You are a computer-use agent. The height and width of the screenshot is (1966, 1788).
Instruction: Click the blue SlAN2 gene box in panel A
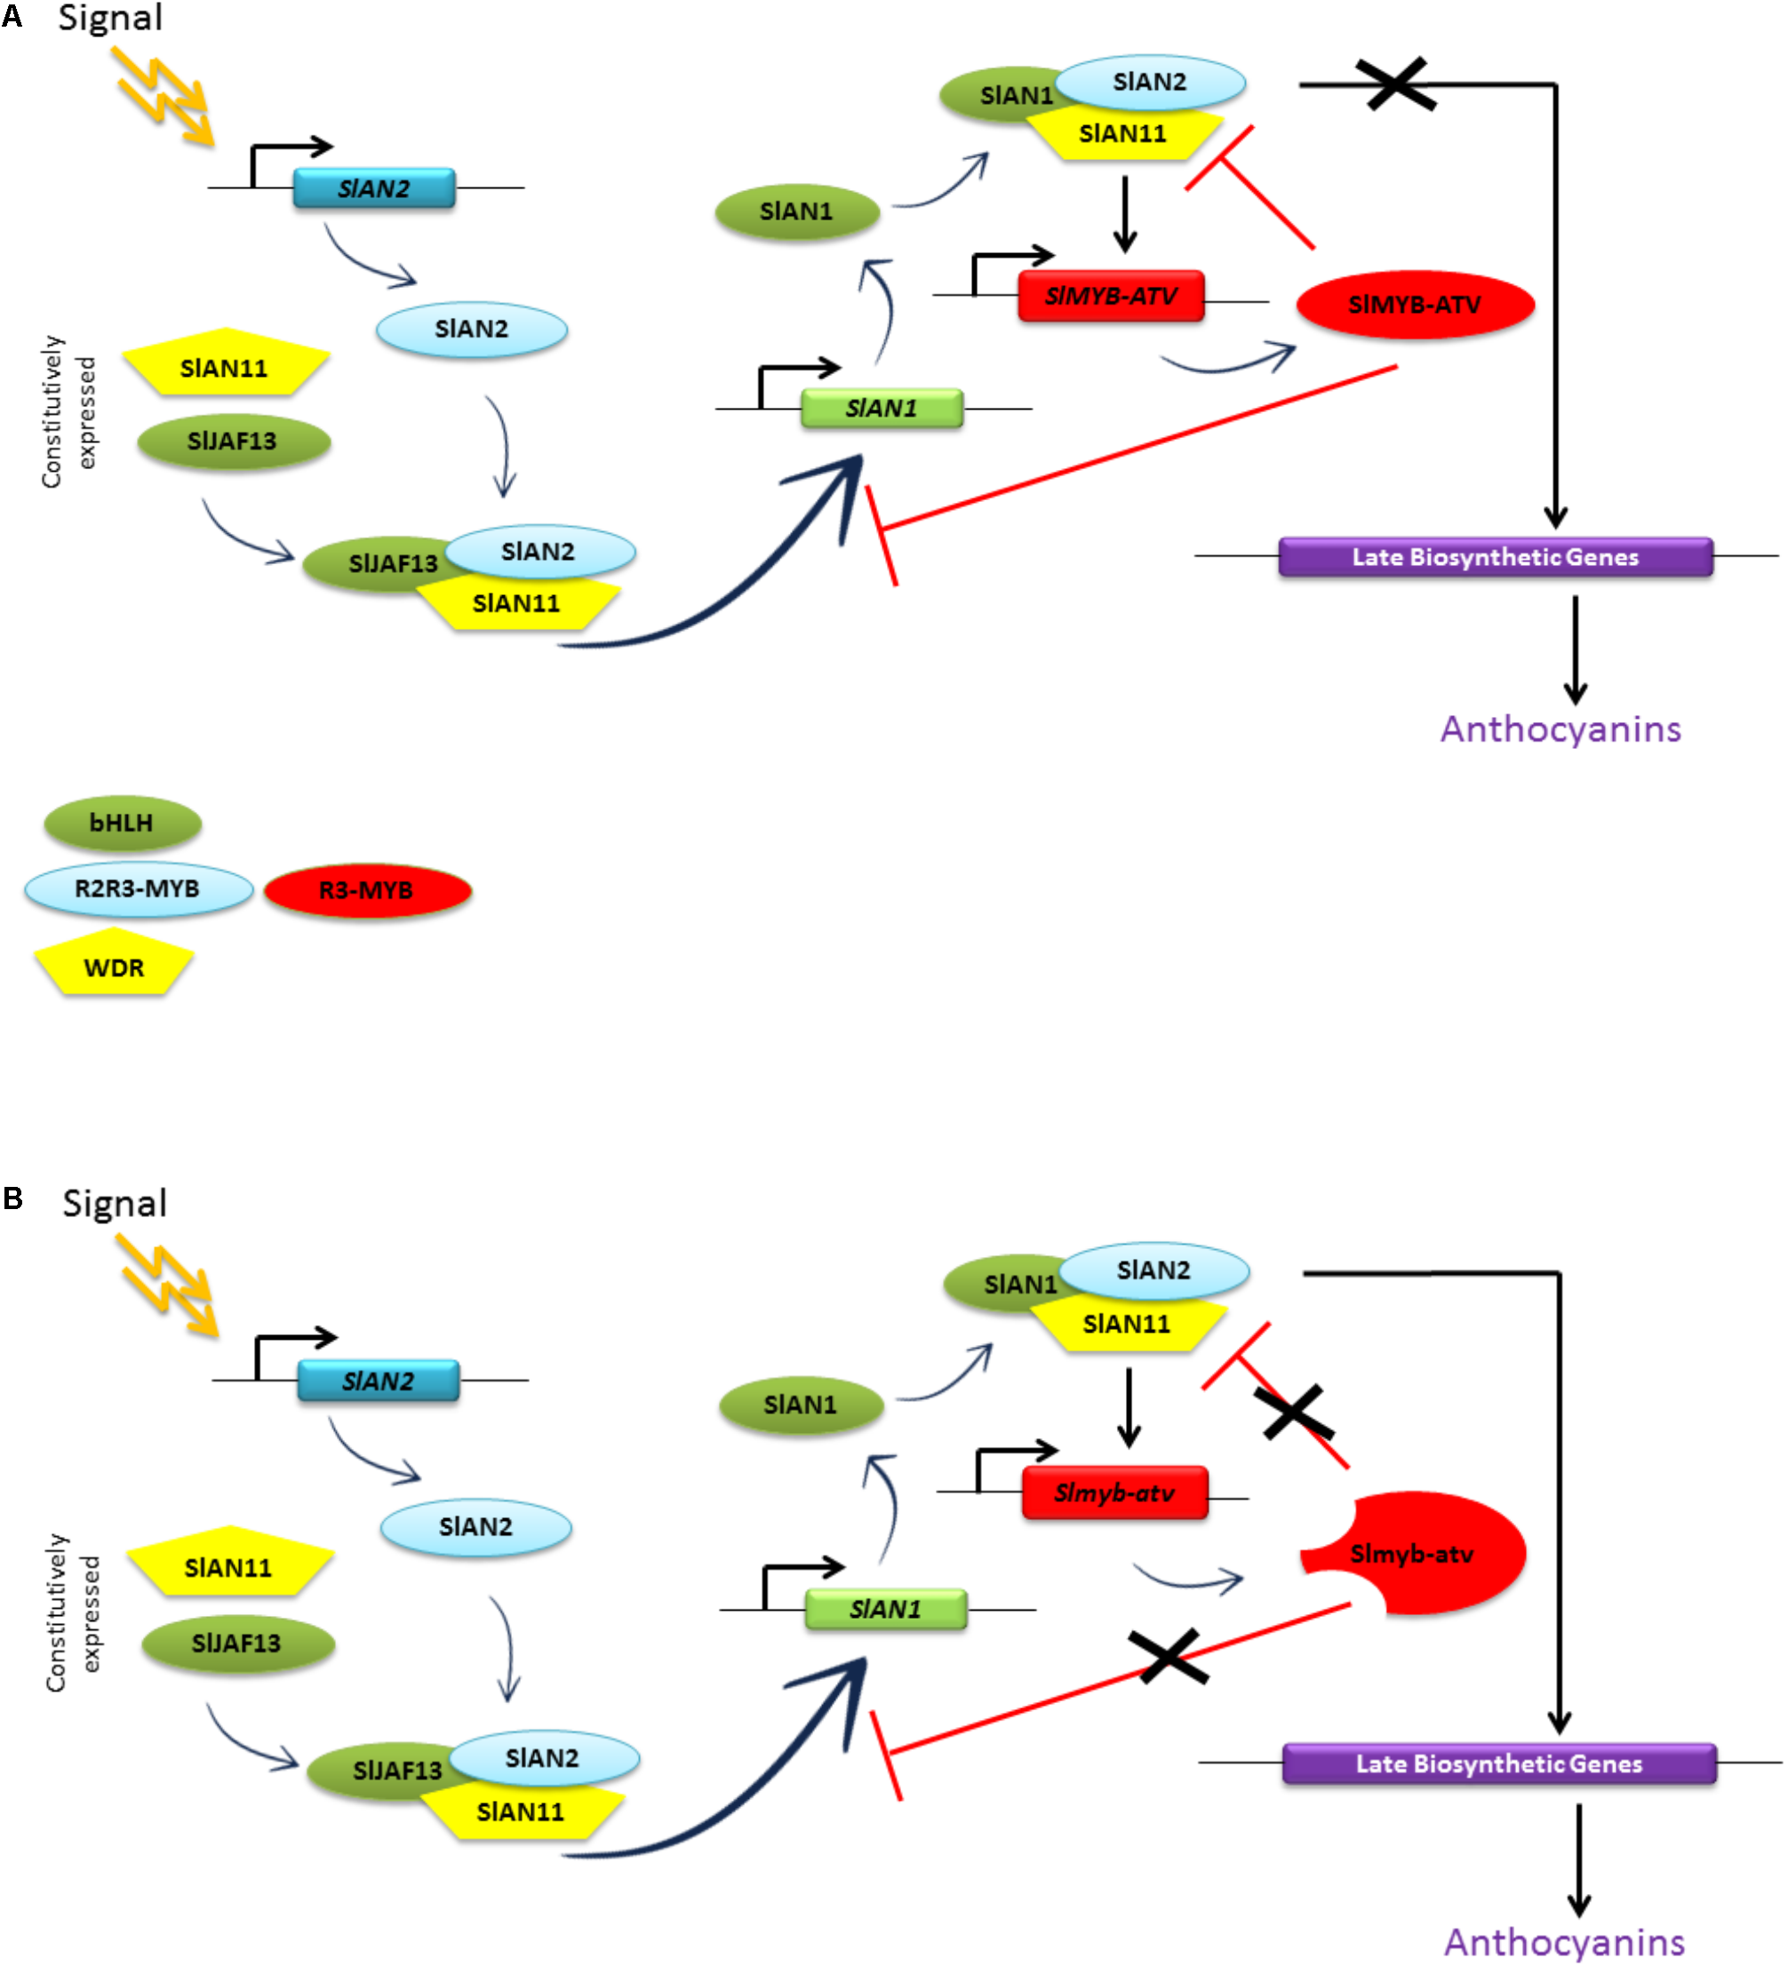tap(373, 188)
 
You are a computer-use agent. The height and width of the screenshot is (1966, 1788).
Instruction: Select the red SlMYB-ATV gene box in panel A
tap(1110, 296)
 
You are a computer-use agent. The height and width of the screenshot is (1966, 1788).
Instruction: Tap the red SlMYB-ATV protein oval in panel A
tap(1415, 304)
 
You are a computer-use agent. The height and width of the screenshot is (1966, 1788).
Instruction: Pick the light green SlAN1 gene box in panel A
tap(881, 408)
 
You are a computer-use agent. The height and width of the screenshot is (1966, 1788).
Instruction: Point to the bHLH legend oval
tap(122, 823)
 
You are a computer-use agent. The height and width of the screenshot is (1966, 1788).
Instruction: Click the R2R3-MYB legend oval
tap(138, 888)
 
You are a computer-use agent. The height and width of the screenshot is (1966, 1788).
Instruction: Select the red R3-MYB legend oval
tap(367, 890)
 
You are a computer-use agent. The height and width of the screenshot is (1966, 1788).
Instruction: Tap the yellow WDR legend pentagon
tap(114, 966)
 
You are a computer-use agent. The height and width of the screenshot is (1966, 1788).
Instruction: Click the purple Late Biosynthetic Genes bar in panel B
tap(1498, 1763)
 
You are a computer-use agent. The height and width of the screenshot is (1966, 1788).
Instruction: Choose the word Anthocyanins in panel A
tap(1560, 729)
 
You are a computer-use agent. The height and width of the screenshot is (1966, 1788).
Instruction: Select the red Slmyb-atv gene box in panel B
tap(1114, 1493)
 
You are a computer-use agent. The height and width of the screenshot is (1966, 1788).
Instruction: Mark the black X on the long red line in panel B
tap(1168, 1656)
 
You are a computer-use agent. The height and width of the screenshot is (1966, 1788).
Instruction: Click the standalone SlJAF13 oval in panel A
tap(233, 442)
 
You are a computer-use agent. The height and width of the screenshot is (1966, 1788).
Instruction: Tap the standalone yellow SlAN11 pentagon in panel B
tap(229, 1565)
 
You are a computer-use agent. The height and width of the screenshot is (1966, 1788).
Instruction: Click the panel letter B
tap(12, 1198)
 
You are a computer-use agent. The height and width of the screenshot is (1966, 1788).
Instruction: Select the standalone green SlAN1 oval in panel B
tap(801, 1405)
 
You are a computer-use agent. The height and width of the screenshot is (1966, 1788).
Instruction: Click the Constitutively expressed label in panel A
tap(68, 411)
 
